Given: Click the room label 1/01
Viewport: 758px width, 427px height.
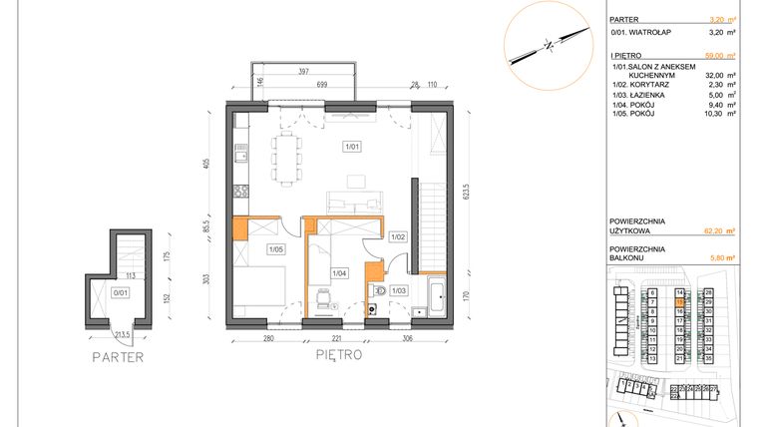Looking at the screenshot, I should pos(351,148).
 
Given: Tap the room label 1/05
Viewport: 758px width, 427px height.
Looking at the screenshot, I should pos(275,249).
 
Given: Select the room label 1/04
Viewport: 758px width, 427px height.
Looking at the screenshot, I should pos(339,272).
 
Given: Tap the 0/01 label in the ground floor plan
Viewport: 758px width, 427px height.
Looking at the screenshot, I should pos(121,292).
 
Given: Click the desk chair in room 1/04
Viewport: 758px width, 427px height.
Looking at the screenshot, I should pos(321,296).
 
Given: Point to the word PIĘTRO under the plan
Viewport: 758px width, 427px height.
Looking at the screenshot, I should pos(338,354).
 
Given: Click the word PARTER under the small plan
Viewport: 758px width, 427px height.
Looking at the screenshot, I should pos(118,356).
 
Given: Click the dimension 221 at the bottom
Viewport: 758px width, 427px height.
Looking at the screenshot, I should pos(337,339).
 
